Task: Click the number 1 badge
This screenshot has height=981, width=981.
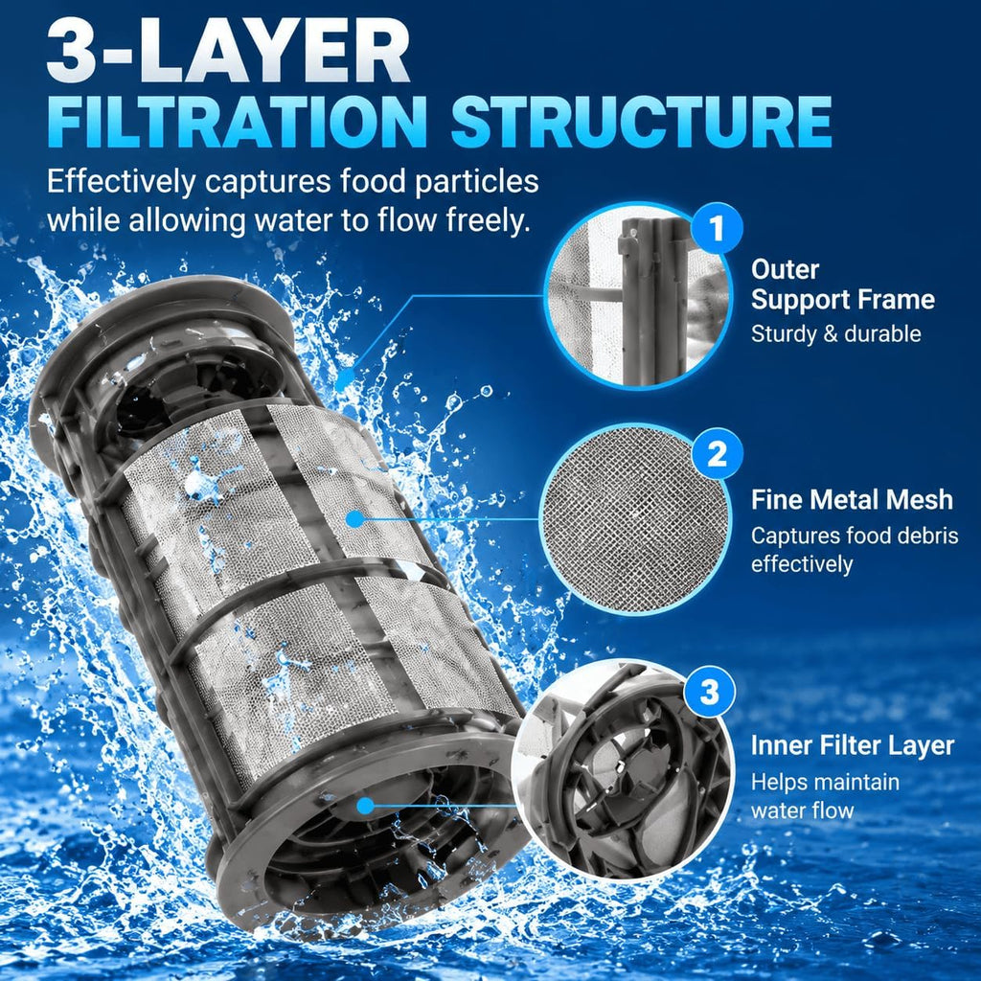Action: pyautogui.click(x=717, y=228)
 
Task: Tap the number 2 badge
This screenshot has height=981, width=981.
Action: pyautogui.click(x=717, y=454)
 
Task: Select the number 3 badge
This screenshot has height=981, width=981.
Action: pyautogui.click(x=709, y=693)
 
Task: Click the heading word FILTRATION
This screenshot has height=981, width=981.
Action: pyautogui.click(x=237, y=122)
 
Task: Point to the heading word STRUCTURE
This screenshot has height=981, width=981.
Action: pyautogui.click(x=641, y=122)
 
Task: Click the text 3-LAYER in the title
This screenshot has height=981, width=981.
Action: pyautogui.click(x=228, y=52)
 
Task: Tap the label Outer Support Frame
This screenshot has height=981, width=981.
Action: pyautogui.click(x=843, y=285)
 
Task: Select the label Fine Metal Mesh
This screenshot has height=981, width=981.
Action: pyautogui.click(x=852, y=500)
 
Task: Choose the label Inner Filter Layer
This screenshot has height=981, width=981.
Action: pyautogui.click(x=853, y=745)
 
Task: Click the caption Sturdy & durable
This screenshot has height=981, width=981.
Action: pyautogui.click(x=835, y=334)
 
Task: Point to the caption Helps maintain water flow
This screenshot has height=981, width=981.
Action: pyautogui.click(x=825, y=796)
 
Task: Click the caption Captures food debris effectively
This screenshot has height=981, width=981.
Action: pyautogui.click(x=855, y=550)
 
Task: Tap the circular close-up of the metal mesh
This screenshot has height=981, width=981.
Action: pyautogui.click(x=636, y=518)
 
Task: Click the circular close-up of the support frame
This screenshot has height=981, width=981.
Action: pyautogui.click(x=639, y=296)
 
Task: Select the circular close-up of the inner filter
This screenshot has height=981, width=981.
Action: pyautogui.click(x=624, y=767)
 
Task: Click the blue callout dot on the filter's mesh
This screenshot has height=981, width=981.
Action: pyautogui.click(x=354, y=518)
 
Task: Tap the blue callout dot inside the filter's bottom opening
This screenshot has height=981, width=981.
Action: pyautogui.click(x=365, y=806)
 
